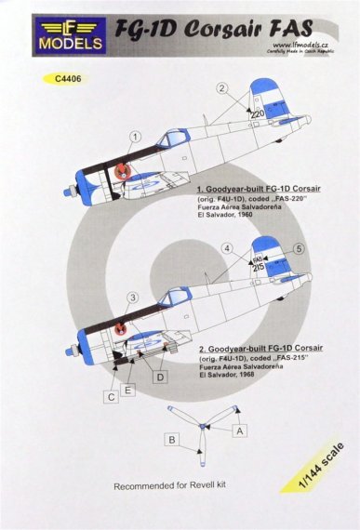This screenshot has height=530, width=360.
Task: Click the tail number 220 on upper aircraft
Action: [x=258, y=117]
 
